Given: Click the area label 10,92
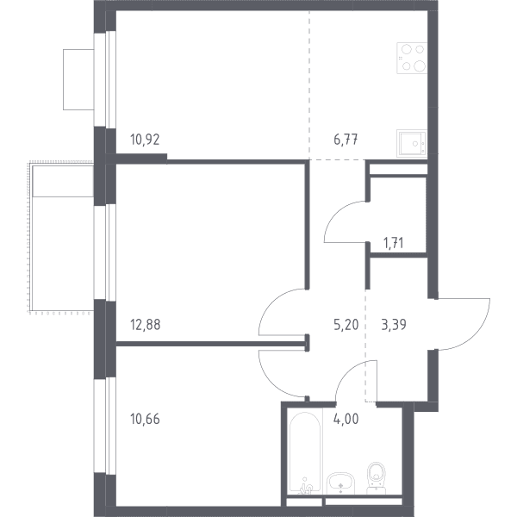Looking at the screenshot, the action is pos(145,140).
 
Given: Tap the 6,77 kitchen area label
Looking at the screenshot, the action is pos(346,140).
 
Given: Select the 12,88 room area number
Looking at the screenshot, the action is pos(146,325).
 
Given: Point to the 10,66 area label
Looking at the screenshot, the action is pos(145,419).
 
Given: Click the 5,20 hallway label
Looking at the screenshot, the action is pos(346,325).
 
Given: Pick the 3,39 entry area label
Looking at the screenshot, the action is pos(394,325).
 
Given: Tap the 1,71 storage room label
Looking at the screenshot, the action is pos(394,243).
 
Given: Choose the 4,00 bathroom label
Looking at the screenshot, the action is pos(346,419).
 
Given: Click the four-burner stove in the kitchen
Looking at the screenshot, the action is pos(412,58).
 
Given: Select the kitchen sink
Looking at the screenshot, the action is pos(412,143).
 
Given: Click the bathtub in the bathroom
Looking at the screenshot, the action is pos(305,452).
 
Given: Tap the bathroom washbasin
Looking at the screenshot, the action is pos(340,483).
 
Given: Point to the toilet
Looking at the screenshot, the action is pos(377,477).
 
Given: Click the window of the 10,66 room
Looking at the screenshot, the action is pos(105,426).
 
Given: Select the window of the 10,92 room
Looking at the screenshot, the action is pos(105,79).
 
